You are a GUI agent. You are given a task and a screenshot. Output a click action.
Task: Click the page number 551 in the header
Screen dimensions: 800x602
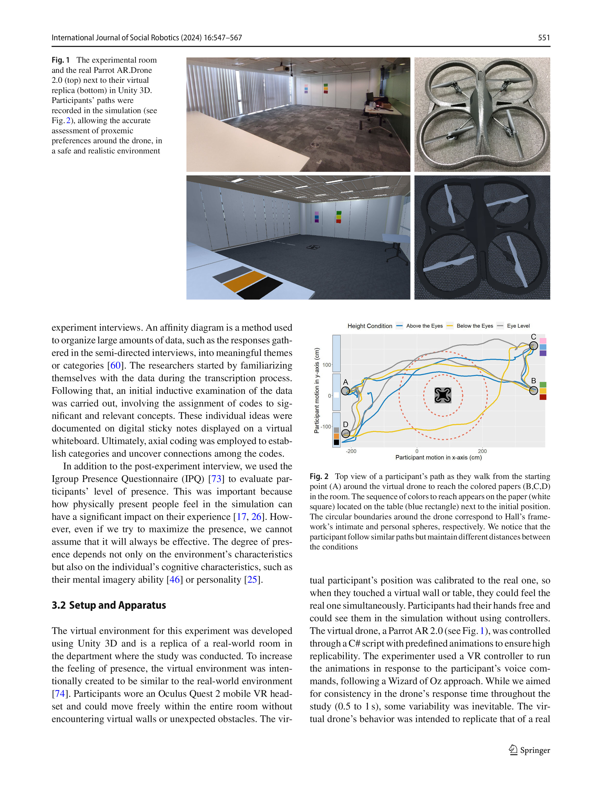click(x=543, y=38)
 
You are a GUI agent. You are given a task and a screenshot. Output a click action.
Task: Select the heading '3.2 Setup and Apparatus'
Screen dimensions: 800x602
click(x=109, y=605)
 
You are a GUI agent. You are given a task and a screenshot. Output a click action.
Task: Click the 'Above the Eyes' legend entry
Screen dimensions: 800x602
click(x=424, y=326)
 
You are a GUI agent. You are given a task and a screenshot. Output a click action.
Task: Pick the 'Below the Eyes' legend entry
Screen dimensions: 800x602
click(x=474, y=326)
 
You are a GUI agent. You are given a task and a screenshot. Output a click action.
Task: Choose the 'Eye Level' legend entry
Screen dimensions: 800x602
click(x=518, y=326)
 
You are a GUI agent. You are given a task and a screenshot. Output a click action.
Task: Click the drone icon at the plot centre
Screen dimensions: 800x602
click(x=443, y=395)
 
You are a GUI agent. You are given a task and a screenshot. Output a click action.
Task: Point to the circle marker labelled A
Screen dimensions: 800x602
click(x=345, y=391)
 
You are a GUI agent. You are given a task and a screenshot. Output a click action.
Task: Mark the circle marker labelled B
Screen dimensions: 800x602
click(x=533, y=390)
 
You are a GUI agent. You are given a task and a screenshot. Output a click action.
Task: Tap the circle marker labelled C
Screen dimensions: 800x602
click(x=533, y=346)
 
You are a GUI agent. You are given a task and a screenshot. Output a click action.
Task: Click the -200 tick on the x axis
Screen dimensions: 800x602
click(x=351, y=451)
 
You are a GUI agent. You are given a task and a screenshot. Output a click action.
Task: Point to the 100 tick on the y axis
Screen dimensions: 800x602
click(x=326, y=365)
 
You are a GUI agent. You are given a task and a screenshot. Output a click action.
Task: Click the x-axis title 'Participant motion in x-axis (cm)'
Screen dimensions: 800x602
click(x=438, y=457)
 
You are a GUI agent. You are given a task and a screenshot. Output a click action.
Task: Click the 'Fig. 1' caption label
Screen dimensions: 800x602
click(x=60, y=60)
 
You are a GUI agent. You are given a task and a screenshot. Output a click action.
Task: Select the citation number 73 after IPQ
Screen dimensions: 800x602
click(x=216, y=479)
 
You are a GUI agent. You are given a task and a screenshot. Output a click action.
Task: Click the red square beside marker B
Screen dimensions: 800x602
click(x=543, y=397)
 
